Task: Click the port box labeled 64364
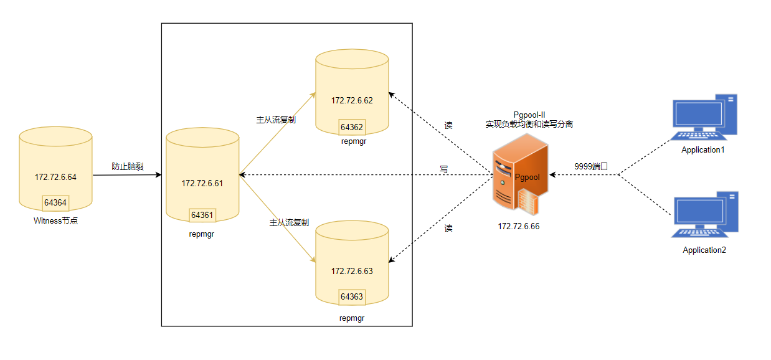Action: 55,202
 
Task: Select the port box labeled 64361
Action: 202,215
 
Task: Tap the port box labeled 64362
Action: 352,127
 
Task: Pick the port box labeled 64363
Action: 352,296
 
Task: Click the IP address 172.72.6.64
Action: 55,178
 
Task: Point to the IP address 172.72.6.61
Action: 202,184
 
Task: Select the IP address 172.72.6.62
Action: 352,100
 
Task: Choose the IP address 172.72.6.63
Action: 352,271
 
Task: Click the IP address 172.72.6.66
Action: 519,227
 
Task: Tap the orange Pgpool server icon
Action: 520,174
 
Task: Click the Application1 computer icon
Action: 704,117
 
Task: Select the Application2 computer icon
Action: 704,214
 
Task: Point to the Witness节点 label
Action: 56,221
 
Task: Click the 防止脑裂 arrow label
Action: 127,166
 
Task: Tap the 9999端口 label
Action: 591,166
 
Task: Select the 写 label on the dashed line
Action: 444,169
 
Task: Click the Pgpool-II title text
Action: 529,115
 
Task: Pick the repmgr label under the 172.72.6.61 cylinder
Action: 202,234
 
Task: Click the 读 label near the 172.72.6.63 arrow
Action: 448,228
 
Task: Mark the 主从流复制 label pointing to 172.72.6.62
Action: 276,120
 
